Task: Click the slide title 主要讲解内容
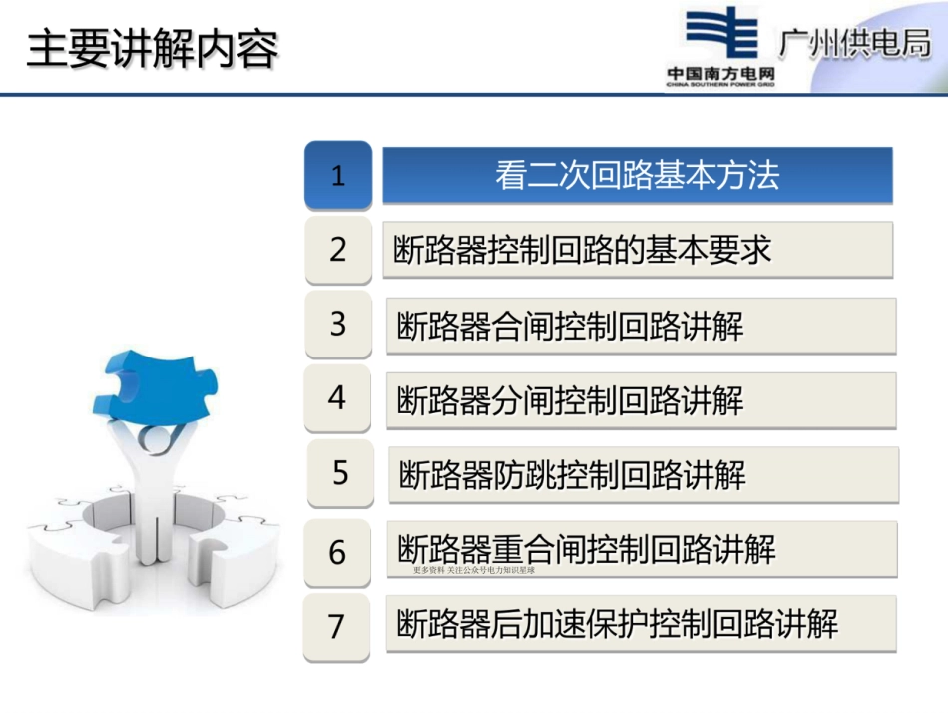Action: tap(152, 50)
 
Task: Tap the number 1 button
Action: tap(338, 176)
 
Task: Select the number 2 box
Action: tap(338, 249)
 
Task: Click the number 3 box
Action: tap(338, 324)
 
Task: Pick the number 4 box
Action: tap(338, 398)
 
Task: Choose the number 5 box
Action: tap(340, 472)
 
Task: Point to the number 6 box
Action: tap(338, 551)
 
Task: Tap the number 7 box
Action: tap(338, 626)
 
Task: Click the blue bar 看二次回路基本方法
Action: tap(637, 176)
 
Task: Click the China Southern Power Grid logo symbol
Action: tap(720, 37)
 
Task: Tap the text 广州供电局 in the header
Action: tap(854, 46)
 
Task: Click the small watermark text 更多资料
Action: tap(428, 570)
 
